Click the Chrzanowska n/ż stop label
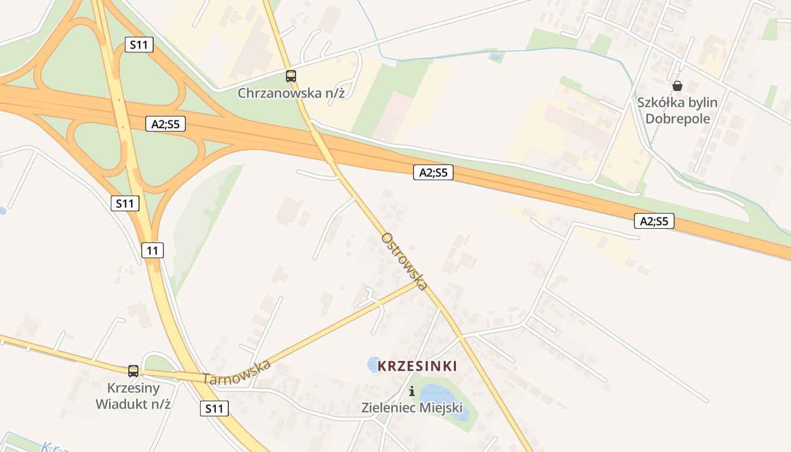(291, 93)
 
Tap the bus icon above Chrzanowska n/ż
(291, 76)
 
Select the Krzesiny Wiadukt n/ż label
(133, 396)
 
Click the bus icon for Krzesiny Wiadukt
(133, 371)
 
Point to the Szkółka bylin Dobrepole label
(677, 111)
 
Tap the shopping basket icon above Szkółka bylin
(677, 86)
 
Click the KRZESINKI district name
(417, 366)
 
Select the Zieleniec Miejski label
(412, 407)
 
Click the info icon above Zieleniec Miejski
(412, 391)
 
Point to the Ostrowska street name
(404, 262)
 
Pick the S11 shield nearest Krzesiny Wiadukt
(215, 408)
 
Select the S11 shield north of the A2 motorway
(139, 44)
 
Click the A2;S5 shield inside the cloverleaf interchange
(165, 124)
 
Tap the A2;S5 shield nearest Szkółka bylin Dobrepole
(654, 221)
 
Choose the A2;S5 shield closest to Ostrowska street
(433, 172)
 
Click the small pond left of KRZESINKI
(373, 364)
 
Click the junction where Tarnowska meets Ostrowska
(419, 283)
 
